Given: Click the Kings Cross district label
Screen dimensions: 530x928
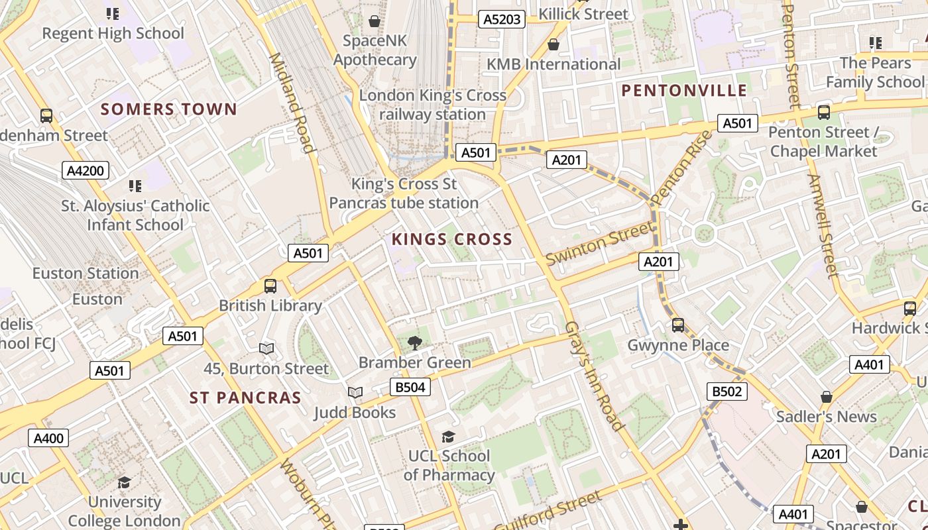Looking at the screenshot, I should (x=452, y=239).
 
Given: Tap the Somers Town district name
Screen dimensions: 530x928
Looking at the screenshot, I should (x=168, y=109).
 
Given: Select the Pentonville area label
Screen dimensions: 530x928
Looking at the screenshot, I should (x=685, y=91).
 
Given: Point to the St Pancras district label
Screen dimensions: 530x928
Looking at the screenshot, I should (x=245, y=397).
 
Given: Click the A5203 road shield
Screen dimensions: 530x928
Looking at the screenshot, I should (x=502, y=19).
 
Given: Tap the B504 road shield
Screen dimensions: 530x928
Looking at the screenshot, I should (x=410, y=387).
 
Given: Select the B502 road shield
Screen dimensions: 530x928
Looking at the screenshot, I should (x=726, y=392).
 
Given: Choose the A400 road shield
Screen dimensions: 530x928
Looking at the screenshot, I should (x=48, y=438).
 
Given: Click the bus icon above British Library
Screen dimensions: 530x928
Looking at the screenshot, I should (x=270, y=286).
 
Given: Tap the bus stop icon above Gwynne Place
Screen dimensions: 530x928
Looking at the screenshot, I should (x=677, y=325).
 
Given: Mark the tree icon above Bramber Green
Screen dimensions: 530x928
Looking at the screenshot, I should (x=415, y=343).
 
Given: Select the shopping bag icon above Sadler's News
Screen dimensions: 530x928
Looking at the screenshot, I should (x=826, y=397).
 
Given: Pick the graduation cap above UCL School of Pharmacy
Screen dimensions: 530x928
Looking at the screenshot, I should (x=449, y=436).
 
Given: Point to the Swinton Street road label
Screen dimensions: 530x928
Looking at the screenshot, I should (x=599, y=243).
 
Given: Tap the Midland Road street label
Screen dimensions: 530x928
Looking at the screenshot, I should (x=290, y=103).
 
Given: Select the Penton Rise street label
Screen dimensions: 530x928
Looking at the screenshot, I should (x=681, y=168).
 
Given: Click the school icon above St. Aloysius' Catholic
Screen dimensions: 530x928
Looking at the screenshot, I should (x=135, y=186).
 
